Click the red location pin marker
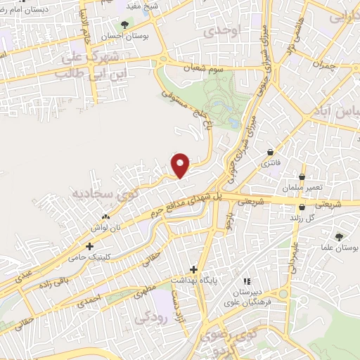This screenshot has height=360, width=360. coord(181,165)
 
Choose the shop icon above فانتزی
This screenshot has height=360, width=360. coord(271,152)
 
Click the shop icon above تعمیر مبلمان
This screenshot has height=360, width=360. coord(302,176)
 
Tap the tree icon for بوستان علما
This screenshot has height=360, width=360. coord(339,237)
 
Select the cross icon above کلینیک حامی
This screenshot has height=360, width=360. coord(89,246)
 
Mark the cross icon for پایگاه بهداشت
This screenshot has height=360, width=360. coord(194,270)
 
